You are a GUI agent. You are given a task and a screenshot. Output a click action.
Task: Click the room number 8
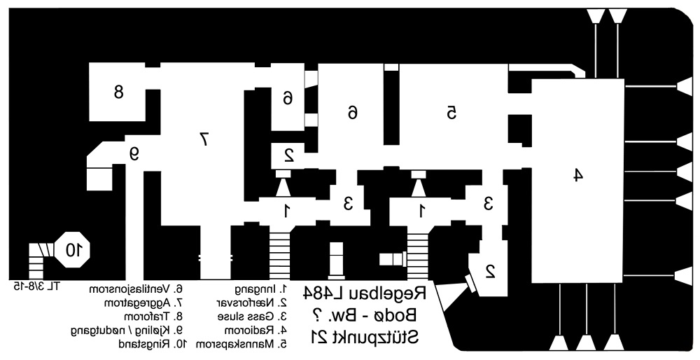coord(118,91)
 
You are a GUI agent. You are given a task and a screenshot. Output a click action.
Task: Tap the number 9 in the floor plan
coord(134,153)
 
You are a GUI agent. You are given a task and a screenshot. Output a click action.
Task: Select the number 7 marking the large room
coord(204,139)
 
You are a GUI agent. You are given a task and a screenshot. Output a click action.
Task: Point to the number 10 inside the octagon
coord(73,249)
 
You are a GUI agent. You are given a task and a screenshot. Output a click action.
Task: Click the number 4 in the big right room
coord(577,175)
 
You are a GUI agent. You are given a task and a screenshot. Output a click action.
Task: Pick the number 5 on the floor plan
coord(451,111)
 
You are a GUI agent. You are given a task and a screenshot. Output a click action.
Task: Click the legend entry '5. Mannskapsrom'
coord(242,344)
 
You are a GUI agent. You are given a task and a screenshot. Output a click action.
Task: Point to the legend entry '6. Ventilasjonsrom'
coord(139,289)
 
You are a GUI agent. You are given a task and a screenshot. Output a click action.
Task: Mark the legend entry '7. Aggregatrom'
coord(143,303)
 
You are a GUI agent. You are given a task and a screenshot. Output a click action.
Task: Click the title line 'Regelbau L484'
coord(366,295)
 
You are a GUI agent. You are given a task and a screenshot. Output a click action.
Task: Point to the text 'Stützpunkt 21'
coord(365,337)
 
